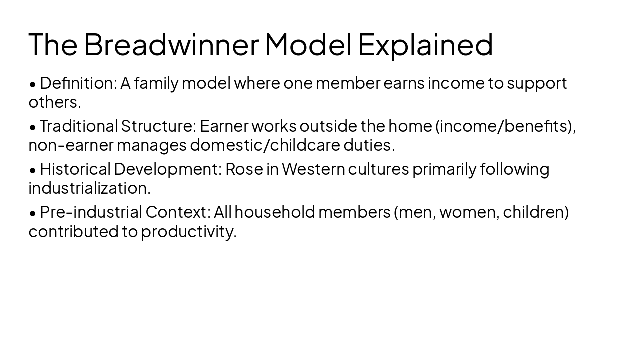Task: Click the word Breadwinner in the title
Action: coord(171,44)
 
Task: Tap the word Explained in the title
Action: coord(425,44)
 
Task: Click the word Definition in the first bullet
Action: coord(78,83)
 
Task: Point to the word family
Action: coord(156,83)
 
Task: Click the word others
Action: coord(54,102)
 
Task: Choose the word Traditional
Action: coord(79,126)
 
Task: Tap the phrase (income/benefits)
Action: coord(505,126)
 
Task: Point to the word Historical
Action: coord(75,169)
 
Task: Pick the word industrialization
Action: coord(89,188)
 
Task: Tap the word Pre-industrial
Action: coord(91,212)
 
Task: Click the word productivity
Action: coord(188,231)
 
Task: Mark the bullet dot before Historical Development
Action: coord(33,170)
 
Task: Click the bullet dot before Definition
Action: coord(33,84)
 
